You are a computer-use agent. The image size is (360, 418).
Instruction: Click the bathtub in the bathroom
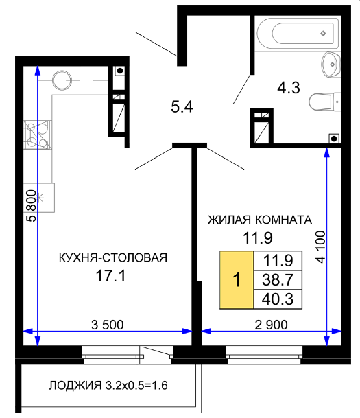298,33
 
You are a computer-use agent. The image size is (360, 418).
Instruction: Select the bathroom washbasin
331,65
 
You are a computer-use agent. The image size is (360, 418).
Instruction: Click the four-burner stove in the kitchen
37,135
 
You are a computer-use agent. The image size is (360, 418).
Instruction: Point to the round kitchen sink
62,80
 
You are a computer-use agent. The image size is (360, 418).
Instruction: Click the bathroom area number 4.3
289,87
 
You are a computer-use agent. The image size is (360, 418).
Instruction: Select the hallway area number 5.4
182,107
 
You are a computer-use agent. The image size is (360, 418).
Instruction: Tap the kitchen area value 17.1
110,276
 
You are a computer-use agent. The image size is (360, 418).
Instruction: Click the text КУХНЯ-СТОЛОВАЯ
113,257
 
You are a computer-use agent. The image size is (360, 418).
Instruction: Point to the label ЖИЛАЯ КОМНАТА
260,220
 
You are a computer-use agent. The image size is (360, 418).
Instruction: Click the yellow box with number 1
237,280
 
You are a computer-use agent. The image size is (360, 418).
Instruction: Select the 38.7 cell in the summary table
278,280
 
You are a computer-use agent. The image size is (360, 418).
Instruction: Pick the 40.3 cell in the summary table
278,299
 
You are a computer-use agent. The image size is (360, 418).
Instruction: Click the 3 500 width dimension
107,325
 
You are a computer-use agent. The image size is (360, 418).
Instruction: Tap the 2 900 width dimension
271,325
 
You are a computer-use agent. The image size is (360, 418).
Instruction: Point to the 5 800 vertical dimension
31,205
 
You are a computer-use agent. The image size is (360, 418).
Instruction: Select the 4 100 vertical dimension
321,247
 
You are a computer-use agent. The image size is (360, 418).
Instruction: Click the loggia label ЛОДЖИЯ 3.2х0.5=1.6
108,386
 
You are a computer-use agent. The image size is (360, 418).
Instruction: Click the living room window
264,355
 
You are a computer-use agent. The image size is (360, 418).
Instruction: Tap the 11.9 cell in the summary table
278,260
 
